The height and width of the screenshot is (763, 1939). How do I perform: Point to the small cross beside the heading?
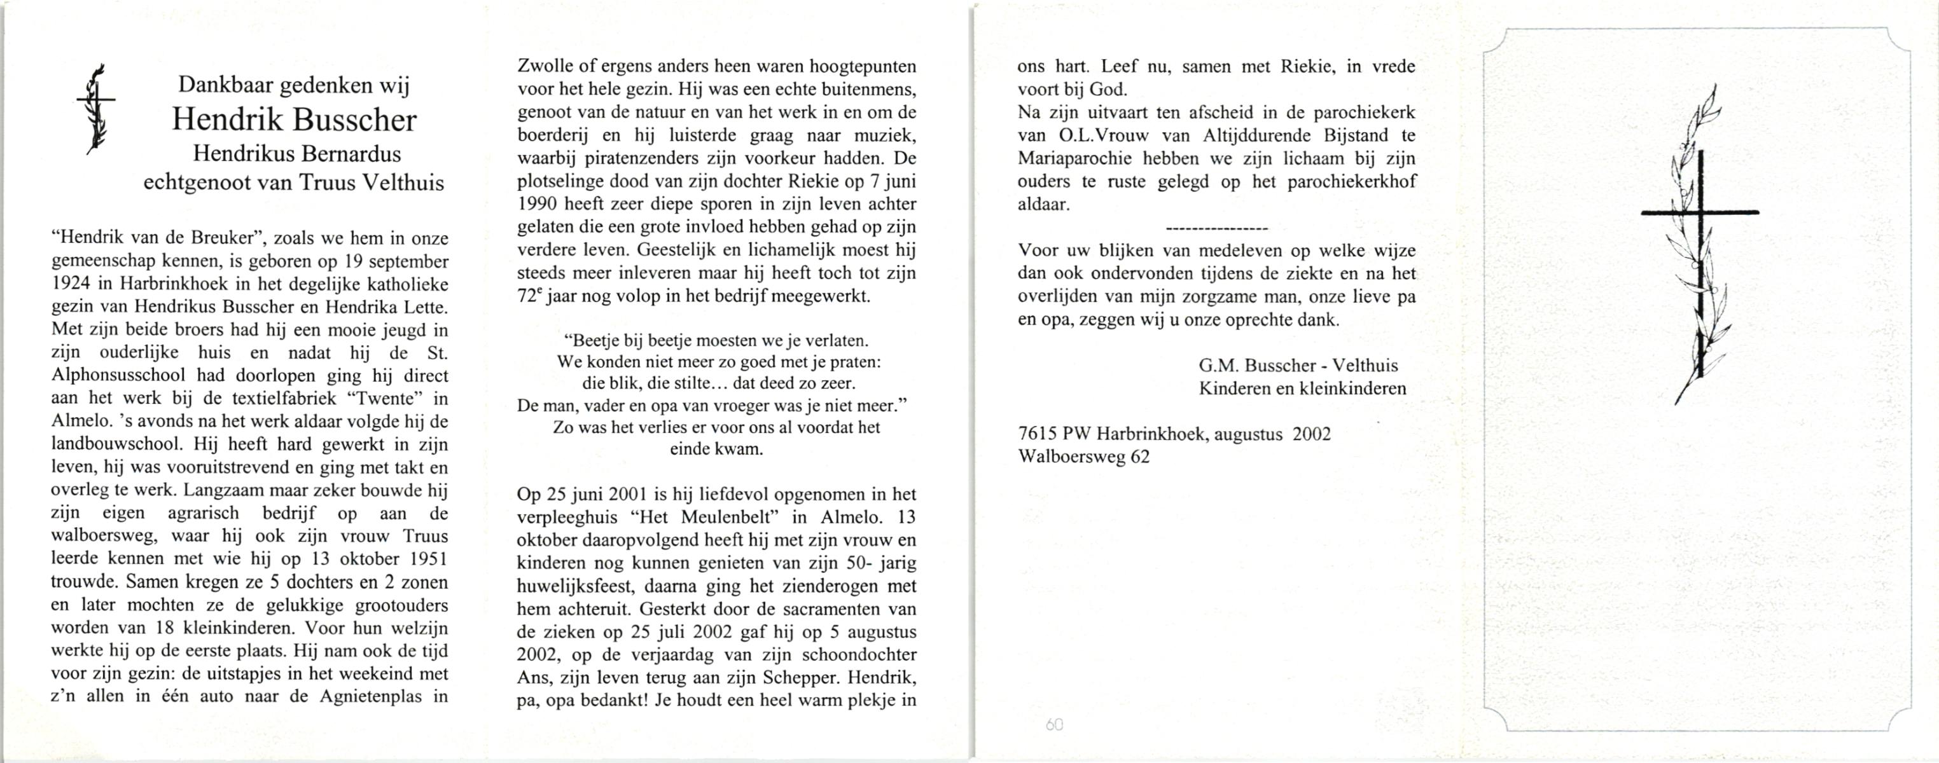click(x=96, y=109)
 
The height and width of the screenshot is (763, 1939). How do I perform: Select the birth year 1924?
click(x=71, y=284)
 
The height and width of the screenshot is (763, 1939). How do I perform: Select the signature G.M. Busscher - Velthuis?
click(x=1298, y=366)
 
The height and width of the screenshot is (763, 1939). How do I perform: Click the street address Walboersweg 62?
click(x=1083, y=457)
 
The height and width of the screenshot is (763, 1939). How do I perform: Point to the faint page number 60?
click(x=1055, y=725)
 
